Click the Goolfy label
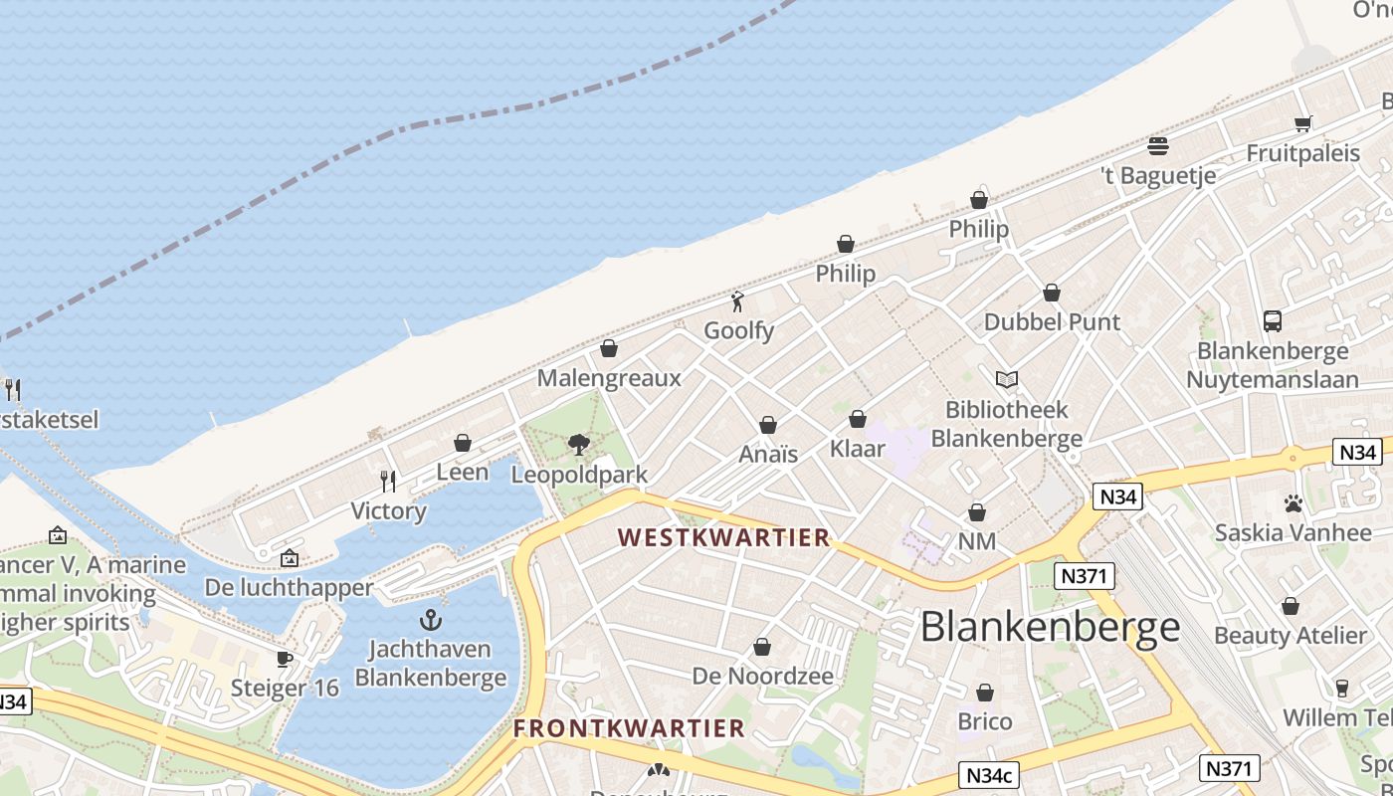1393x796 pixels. [738, 329]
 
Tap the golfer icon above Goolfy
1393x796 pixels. [737, 301]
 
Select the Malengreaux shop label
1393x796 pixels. [609, 378]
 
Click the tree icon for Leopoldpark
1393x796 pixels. [578, 445]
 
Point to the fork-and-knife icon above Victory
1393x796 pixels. [388, 482]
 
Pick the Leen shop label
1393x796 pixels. [463, 472]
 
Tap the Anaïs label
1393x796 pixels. [768, 454]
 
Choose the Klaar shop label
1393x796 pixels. [857, 449]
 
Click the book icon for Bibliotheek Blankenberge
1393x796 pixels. [1007, 379]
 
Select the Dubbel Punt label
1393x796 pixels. [1052, 321]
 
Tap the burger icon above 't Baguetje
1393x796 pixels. [1157, 146]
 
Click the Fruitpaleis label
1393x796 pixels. [1302, 153]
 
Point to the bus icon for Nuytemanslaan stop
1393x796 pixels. [1273, 320]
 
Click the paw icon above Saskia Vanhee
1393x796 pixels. [1293, 503]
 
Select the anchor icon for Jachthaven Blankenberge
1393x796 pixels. [430, 620]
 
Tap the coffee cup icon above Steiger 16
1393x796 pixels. [285, 659]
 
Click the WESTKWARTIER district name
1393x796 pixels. [723, 537]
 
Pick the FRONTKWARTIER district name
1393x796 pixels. [629, 728]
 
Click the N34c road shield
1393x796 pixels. [990, 774]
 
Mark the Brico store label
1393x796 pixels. [984, 721]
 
